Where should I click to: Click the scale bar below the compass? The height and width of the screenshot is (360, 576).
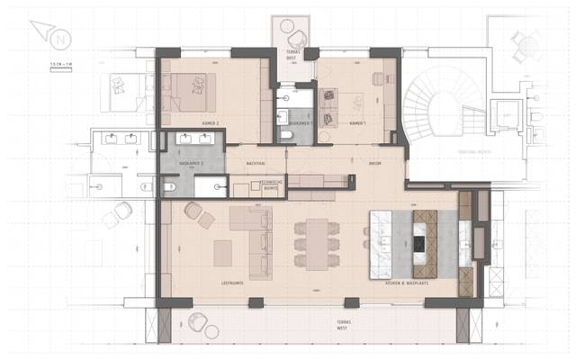coord(61,68)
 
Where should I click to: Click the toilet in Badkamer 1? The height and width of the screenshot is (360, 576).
coord(286,134)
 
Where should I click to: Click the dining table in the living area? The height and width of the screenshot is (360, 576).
coord(317,243)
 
